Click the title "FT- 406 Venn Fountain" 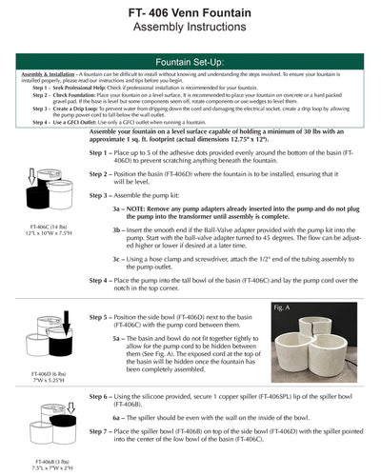point(190,10)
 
